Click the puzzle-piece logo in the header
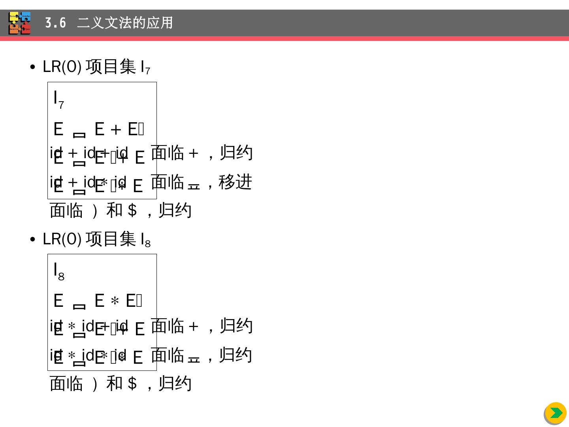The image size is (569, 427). click(x=20, y=23)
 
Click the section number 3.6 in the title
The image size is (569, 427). click(x=55, y=23)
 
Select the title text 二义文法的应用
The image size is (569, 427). click(x=125, y=23)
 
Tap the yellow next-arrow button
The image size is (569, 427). click(x=556, y=413)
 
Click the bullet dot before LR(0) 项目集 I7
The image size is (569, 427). click(x=32, y=67)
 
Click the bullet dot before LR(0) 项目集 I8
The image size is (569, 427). click(x=32, y=240)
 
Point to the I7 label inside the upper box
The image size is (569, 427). click(x=58, y=99)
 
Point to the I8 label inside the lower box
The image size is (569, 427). click(x=58, y=271)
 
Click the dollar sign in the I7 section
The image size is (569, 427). click(x=133, y=210)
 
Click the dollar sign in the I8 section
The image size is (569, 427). click(x=133, y=384)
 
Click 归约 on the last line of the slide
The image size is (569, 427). click(x=175, y=384)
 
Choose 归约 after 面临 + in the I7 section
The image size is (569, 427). click(x=236, y=153)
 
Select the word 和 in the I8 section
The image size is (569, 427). click(x=115, y=384)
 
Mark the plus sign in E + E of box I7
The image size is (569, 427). click(x=115, y=130)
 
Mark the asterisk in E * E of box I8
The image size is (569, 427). click(x=115, y=302)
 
